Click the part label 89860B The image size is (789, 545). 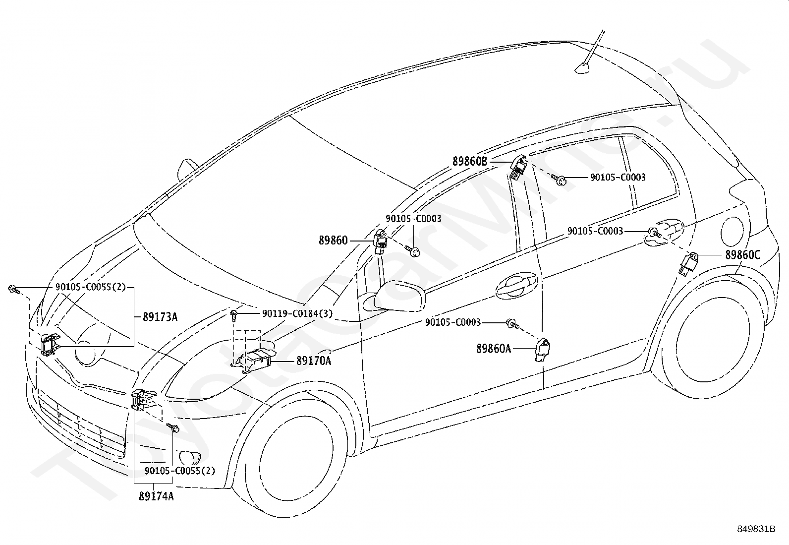(470, 162)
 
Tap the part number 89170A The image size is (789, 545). (314, 361)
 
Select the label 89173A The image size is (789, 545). (160, 317)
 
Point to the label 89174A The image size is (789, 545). (156, 496)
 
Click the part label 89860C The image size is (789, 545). (742, 255)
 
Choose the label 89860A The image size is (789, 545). (494, 349)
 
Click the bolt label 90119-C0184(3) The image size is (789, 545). (297, 313)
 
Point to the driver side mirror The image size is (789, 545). (400, 296)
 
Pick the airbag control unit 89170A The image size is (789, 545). (254, 360)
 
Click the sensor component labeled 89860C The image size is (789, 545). (688, 263)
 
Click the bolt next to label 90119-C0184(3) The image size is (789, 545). (234, 315)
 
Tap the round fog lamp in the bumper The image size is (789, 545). (189, 458)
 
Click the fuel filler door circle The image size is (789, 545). (733, 231)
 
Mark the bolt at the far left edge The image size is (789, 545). (13, 289)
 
